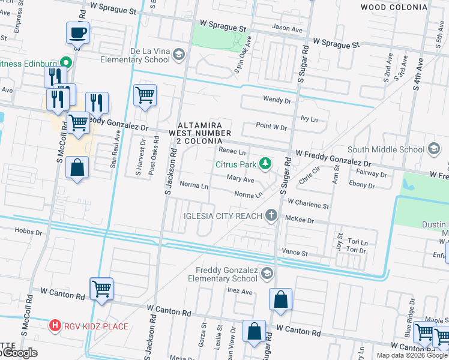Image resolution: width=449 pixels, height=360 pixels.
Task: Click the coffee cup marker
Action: click(x=78, y=32)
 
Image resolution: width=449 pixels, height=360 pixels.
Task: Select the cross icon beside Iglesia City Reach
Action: click(x=272, y=215)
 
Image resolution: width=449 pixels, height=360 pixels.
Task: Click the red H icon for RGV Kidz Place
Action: click(x=55, y=326)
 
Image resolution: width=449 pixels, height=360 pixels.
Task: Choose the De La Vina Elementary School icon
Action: click(x=178, y=55)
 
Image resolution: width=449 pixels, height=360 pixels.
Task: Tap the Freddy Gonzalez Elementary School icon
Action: click(x=266, y=274)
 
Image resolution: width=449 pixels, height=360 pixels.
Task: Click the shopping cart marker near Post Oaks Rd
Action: click(x=145, y=95)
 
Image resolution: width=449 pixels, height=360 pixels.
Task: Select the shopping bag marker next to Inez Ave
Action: click(x=280, y=299)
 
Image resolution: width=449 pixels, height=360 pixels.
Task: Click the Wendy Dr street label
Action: click(x=276, y=100)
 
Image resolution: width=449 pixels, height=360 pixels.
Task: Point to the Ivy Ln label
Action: click(x=310, y=119)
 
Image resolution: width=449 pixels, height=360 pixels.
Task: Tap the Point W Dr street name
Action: click(x=271, y=127)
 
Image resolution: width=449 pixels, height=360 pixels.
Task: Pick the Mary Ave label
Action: click(x=241, y=179)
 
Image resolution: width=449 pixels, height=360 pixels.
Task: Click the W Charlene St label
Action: click(x=308, y=205)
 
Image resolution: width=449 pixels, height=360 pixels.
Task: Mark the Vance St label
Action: click(x=295, y=254)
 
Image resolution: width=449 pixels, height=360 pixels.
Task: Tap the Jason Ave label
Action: click(x=287, y=28)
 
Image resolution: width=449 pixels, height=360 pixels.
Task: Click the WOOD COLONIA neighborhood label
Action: click(x=394, y=7)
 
